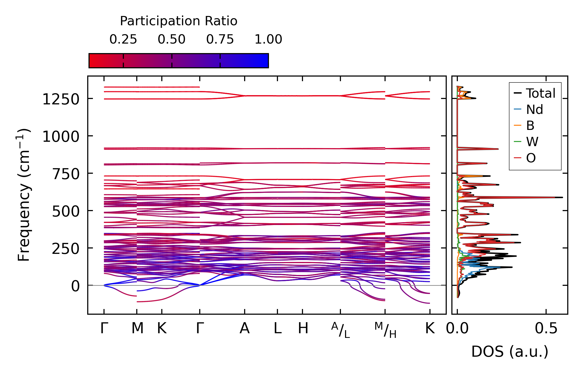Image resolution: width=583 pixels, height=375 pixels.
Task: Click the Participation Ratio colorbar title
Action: (179, 21)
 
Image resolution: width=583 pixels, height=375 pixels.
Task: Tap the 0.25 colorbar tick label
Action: (123, 39)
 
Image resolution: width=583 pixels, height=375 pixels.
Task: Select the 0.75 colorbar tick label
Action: (220, 39)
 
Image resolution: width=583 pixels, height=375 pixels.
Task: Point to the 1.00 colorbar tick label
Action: (268, 39)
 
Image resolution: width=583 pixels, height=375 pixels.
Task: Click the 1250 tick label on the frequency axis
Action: (61, 99)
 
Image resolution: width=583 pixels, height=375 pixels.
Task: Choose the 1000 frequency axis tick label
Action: (61, 137)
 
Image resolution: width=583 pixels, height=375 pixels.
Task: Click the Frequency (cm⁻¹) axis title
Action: (24, 195)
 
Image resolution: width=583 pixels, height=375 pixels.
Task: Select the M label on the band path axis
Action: (137, 328)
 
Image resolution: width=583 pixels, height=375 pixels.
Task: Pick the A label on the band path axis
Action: (245, 328)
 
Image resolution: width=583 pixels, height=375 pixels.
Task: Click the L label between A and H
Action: (278, 328)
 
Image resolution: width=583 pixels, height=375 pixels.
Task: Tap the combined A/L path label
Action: (341, 330)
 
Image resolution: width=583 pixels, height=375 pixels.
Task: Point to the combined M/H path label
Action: (386, 330)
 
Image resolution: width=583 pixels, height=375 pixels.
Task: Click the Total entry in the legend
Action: (534, 93)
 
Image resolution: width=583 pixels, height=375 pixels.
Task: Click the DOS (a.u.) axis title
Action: (510, 352)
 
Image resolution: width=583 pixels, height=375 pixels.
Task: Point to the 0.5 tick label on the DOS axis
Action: (546, 329)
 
